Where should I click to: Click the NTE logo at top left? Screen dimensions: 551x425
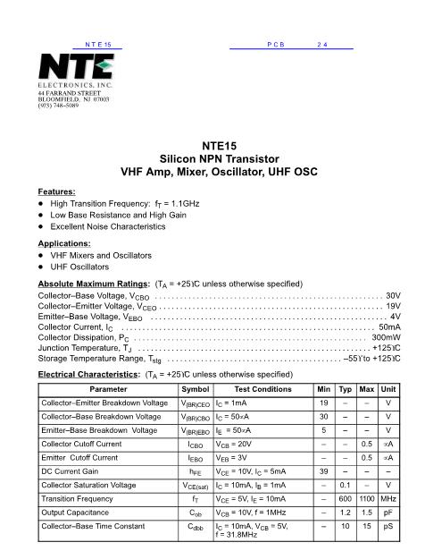pos(76,67)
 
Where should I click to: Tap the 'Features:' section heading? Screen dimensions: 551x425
pos(56,191)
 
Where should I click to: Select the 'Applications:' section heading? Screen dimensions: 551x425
pos(64,242)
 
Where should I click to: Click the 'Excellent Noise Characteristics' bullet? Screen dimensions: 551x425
pos(111,227)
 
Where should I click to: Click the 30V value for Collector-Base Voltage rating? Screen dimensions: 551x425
pos(393,294)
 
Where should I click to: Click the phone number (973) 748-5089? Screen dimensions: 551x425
pos(65,106)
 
